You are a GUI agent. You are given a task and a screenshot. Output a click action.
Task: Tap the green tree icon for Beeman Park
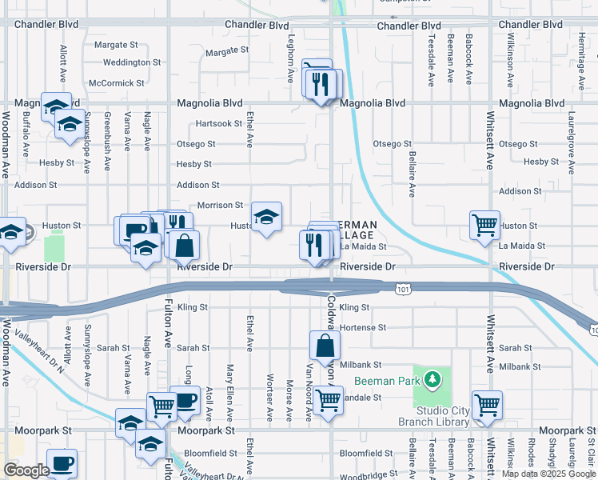pyautogui.click(x=432, y=378)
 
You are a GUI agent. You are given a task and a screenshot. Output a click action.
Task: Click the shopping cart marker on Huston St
pyautogui.click(x=484, y=226)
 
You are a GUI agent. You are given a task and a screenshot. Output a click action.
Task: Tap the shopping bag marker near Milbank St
pyautogui.click(x=325, y=346)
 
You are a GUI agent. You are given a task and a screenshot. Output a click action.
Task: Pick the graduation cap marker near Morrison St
pyautogui.click(x=267, y=216)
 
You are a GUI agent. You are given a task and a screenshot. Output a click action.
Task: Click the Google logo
pyautogui.click(x=26, y=470)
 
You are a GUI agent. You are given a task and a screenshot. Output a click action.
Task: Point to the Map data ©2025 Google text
pyautogui.click(x=548, y=474)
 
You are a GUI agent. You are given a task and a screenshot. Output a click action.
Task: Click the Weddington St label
pyautogui.click(x=132, y=62)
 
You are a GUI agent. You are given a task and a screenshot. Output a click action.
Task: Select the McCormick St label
pyautogui.click(x=117, y=82)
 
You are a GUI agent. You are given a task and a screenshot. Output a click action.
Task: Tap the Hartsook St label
pyautogui.click(x=219, y=123)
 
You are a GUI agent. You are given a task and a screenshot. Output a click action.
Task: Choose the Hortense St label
pyautogui.click(x=362, y=328)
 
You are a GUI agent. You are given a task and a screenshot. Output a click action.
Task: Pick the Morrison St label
pyautogui.click(x=220, y=206)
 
